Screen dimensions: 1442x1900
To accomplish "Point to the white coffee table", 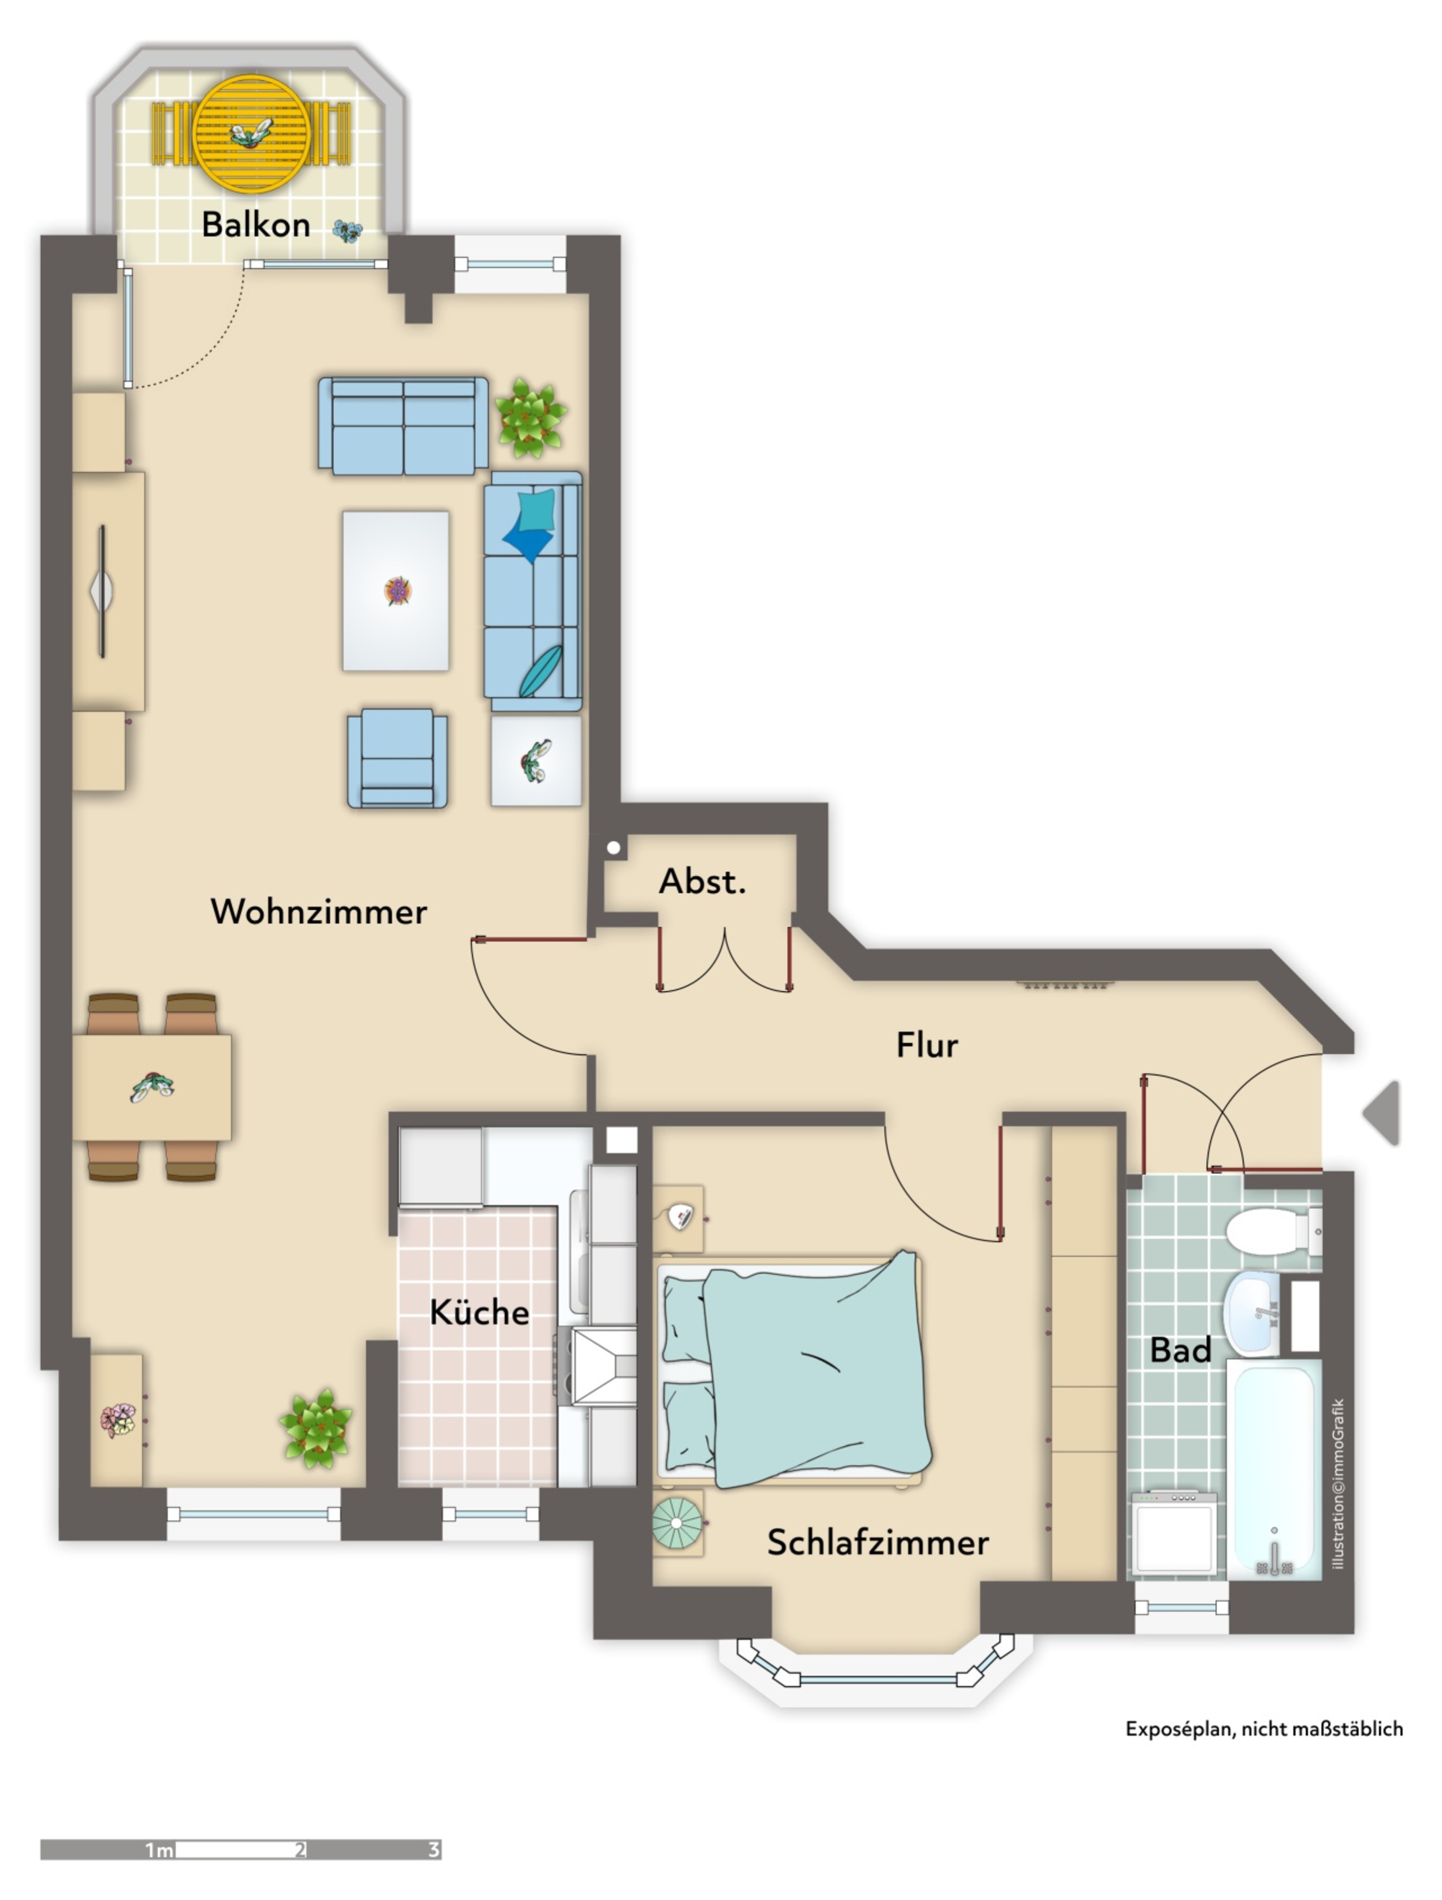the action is tap(395, 591).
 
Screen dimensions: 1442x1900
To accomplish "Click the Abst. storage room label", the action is tap(702, 881).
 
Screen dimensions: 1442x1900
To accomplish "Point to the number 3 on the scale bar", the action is tap(434, 1849).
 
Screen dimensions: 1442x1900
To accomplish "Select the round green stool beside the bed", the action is tap(676, 1523).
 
